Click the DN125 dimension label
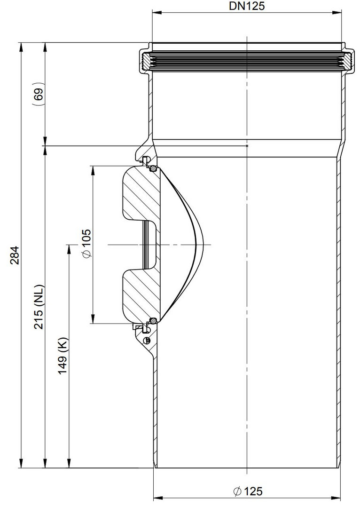coord(247,6)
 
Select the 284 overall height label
coord(15,255)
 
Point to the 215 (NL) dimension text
coord(39,307)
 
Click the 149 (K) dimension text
coord(63,356)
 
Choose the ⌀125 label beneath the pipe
coord(248,491)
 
